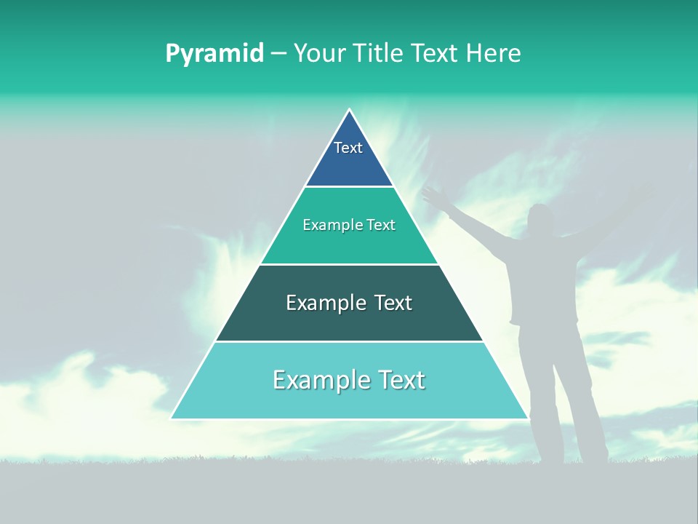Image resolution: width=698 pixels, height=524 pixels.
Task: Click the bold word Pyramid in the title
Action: pos(214,54)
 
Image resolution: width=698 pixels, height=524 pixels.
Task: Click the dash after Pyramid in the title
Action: pos(278,54)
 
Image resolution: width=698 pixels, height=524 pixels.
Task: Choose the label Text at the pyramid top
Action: pos(348,148)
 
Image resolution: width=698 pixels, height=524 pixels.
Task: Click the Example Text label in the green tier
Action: pos(349,225)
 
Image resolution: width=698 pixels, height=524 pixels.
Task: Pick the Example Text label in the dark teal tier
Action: pos(349,303)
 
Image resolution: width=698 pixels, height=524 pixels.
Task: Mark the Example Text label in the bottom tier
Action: pos(349,380)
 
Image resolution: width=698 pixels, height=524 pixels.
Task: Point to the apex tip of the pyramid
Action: pos(350,111)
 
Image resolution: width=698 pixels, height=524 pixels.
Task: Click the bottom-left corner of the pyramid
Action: pos(172,418)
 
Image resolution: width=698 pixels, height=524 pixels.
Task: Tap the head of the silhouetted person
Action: pos(540,219)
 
